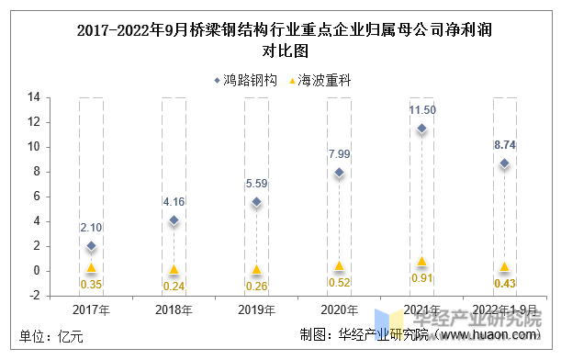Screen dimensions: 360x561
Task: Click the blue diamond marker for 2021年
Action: [421, 129]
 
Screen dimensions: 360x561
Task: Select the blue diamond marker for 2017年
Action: [91, 246]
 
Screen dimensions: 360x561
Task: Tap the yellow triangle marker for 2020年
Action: [339, 265]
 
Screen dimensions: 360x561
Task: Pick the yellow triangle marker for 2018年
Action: [174, 269]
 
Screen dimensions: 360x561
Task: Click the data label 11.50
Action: [422, 110]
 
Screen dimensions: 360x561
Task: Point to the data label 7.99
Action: [339, 153]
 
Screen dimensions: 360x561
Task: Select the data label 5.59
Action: [256, 184]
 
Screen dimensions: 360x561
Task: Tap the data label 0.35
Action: [91, 285]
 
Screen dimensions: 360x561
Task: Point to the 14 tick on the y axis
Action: [33, 96]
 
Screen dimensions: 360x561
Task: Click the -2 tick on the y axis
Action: [33, 296]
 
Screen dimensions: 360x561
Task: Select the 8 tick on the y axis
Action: [35, 172]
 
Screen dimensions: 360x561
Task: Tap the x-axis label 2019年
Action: [256, 310]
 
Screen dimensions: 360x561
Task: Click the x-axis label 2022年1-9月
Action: [504, 310]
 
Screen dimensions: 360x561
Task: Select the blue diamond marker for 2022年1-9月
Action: [504, 163]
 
